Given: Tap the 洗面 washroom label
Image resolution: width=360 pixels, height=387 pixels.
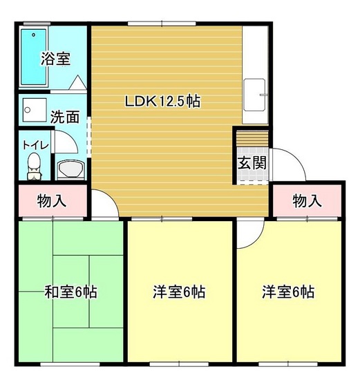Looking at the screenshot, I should coord(66,117).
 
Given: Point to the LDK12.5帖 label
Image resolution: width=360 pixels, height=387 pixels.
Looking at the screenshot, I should coord(162,101).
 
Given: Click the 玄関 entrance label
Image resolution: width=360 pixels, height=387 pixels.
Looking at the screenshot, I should coord(252,163).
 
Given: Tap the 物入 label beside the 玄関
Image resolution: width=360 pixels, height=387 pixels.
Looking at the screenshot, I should coord(307,201).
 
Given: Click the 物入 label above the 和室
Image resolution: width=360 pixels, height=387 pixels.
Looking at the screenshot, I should coord(51,201).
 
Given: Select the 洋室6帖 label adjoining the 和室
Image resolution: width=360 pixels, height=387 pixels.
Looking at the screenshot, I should coord(179,291).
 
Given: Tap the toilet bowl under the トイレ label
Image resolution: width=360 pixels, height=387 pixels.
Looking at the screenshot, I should coord(32,164).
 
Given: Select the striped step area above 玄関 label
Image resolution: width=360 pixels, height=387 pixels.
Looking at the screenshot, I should coord(252,142).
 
